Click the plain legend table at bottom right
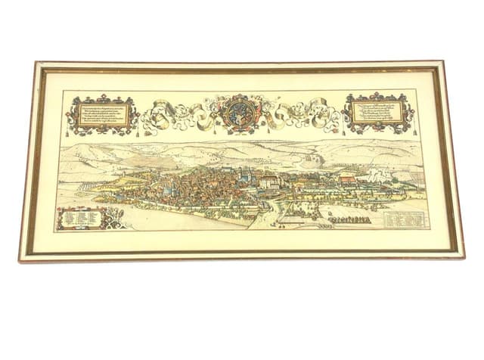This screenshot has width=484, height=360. (x=400, y=219)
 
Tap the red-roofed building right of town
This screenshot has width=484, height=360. (x=348, y=179)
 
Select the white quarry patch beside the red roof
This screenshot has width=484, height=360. (x=378, y=172)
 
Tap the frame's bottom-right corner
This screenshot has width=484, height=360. (x=461, y=257)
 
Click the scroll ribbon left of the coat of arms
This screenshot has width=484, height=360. (x=178, y=114)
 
